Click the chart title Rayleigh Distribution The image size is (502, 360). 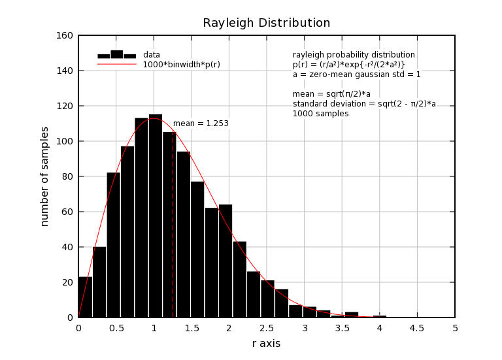[266, 23]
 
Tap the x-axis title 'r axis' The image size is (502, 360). [266, 343]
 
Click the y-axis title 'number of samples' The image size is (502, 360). [44, 176]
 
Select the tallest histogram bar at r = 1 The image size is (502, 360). [155, 216]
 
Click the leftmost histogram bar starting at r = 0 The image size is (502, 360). [85, 297]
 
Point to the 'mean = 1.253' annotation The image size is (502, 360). [201, 123]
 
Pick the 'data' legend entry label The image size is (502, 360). [152, 55]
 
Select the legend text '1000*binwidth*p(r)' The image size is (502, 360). [181, 65]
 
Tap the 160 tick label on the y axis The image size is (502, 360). [64, 35]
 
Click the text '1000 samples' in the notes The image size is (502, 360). [320, 114]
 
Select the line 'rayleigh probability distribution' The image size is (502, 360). [354, 55]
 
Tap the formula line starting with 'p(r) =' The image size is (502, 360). [348, 65]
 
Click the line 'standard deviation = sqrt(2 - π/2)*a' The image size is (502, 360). [364, 104]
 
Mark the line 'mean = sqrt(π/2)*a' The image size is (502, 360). [331, 94]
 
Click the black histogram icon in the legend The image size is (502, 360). [116, 55]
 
